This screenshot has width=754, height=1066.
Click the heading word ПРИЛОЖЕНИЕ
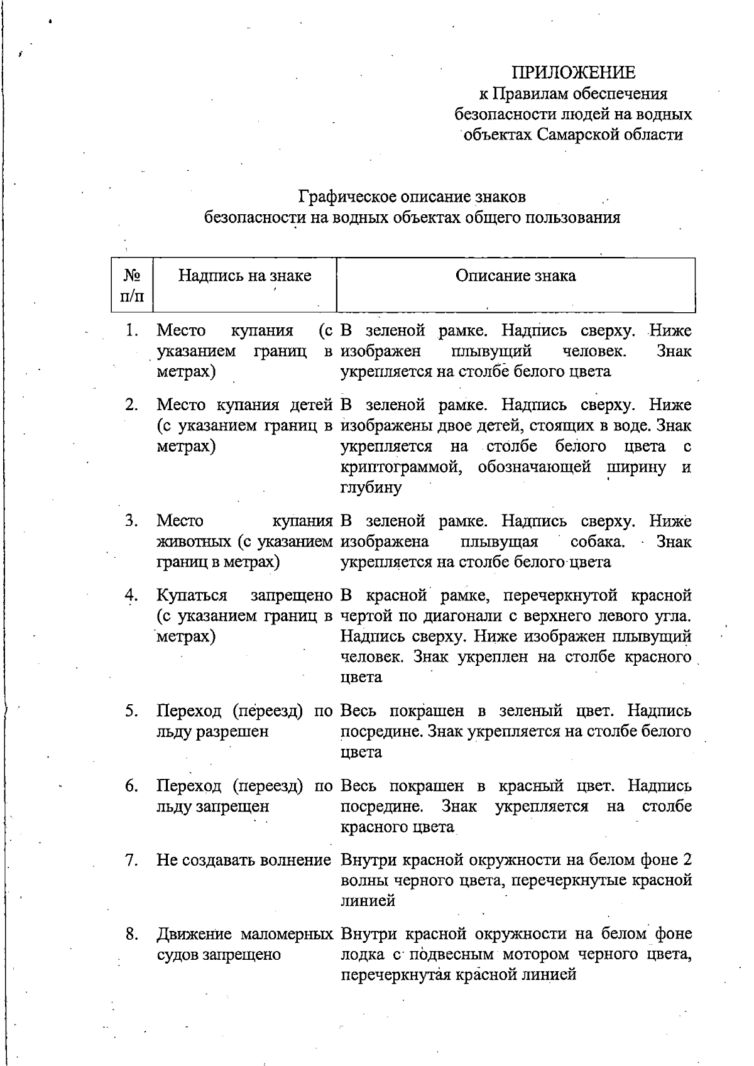(x=573, y=73)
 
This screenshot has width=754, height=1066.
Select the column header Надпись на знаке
(x=244, y=276)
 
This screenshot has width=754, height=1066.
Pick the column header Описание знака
(x=515, y=276)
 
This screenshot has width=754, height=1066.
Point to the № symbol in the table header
(x=131, y=276)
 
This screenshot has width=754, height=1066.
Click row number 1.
(x=131, y=330)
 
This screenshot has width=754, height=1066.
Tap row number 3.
(x=131, y=521)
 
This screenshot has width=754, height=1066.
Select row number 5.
(x=131, y=711)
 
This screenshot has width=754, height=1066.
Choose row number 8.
(x=131, y=935)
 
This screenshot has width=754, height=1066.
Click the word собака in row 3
(x=597, y=541)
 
